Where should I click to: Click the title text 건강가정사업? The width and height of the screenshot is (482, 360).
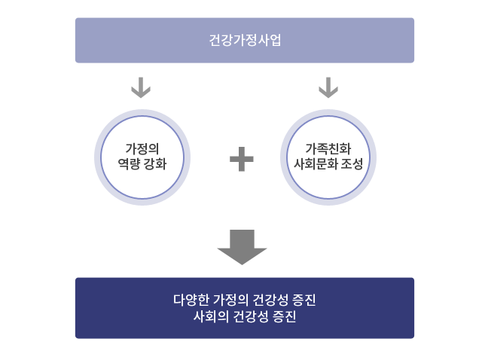point(245,40)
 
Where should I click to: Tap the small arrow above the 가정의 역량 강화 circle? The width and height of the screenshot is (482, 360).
point(141,87)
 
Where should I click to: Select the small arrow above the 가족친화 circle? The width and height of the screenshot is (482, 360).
point(328,87)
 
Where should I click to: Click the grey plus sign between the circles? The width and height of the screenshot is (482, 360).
point(242,159)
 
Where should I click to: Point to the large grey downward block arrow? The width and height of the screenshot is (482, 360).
point(242,247)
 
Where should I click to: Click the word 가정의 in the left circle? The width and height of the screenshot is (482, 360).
point(142,149)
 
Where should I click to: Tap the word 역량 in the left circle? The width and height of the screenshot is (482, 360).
point(129,164)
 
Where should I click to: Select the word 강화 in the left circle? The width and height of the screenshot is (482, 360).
point(155,164)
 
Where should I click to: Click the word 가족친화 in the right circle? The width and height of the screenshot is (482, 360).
point(328,149)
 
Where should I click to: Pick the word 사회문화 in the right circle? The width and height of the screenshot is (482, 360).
point(316,164)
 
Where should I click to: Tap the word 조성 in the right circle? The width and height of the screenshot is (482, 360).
point(352,164)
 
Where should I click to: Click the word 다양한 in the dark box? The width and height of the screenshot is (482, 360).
point(191,300)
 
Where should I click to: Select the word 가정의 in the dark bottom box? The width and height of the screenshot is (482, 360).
point(230,300)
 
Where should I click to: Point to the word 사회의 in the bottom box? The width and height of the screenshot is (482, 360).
point(211,316)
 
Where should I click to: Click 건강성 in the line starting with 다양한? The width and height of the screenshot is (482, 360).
point(270,300)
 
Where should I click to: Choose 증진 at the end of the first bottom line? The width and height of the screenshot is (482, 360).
point(304,300)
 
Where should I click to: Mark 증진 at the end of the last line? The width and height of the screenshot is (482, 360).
point(285,316)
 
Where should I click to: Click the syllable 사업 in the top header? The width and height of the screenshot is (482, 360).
point(270,40)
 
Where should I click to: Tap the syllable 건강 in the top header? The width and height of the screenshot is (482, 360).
point(221,40)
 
